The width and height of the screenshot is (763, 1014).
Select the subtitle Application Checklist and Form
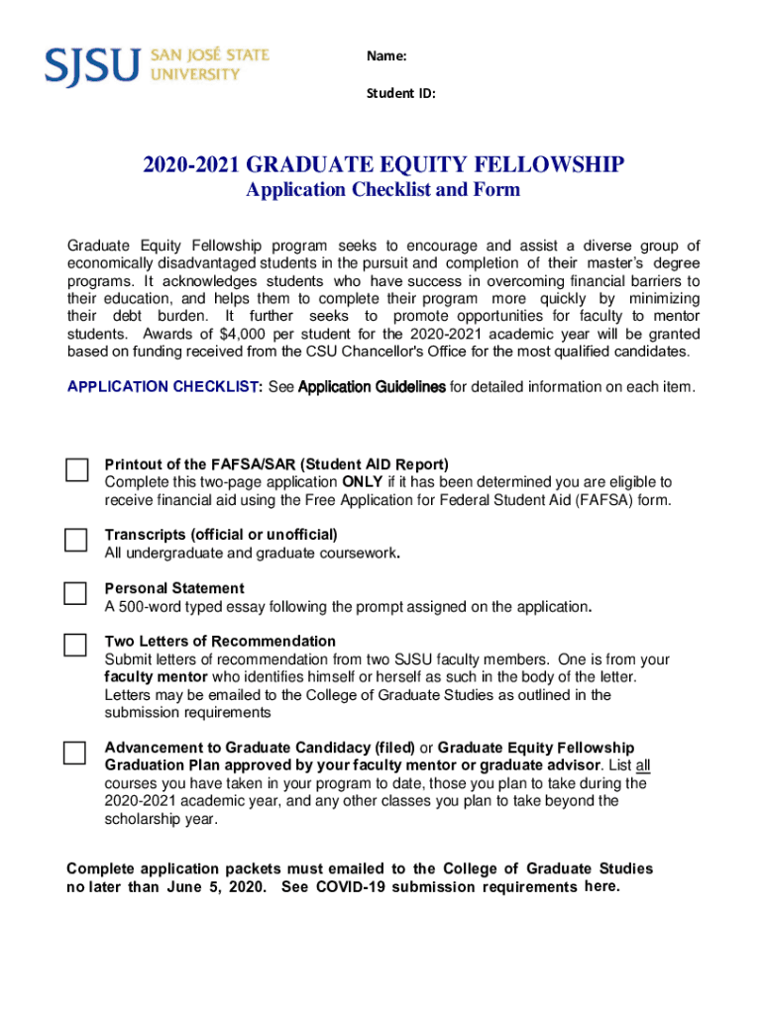(382, 190)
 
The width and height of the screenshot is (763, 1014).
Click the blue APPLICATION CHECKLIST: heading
(164, 387)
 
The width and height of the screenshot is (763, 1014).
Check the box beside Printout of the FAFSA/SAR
(77, 470)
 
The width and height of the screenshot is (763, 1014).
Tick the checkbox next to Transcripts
(76, 540)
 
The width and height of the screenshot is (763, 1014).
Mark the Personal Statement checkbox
(76, 593)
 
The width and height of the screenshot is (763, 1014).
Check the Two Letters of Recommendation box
(76, 646)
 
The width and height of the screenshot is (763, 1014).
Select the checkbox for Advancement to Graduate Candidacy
(75, 753)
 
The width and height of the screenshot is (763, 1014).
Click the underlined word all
(642, 765)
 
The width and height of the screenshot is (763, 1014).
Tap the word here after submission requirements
(601, 886)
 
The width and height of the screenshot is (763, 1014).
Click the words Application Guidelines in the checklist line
(372, 387)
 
